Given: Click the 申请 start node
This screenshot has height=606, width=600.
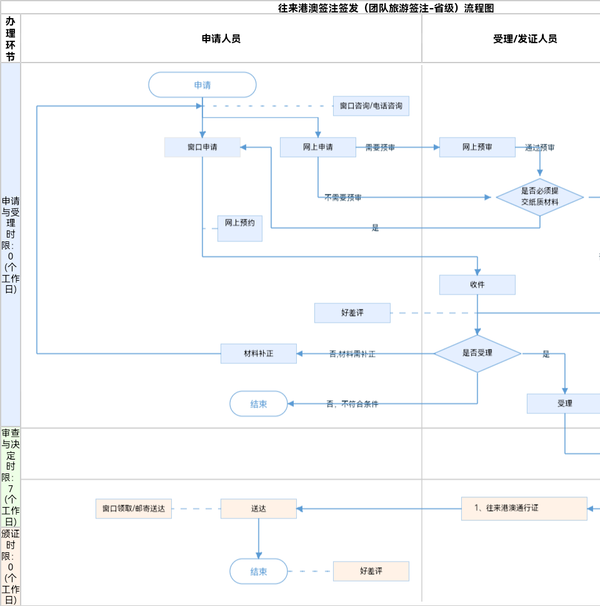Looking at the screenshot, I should coord(202,85).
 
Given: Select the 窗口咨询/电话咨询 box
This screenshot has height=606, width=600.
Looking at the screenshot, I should coord(371,106).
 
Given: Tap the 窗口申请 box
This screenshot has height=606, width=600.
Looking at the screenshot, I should coord(202,148).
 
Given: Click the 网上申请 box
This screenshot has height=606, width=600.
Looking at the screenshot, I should coord(317,148).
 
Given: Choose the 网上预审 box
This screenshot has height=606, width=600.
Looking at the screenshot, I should coord(477,148).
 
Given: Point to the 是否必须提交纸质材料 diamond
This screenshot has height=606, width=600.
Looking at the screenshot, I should coord(540,197).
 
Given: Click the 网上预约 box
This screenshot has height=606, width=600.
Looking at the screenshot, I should coord(240,228).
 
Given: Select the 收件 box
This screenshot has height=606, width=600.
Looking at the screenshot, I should coord(477,285).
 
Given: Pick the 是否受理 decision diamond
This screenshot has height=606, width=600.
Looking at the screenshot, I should coord(477,353).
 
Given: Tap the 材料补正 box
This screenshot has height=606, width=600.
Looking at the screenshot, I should coord(259,353).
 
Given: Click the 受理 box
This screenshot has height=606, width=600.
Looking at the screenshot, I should coord(564,403).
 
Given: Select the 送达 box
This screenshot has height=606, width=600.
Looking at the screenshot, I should coord(259,508).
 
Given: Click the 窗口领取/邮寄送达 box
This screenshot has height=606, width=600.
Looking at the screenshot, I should coord(134,508).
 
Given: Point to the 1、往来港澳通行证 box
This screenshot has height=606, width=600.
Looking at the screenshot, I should coord(524,508).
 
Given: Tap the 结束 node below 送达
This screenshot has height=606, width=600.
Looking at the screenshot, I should coord(259,571).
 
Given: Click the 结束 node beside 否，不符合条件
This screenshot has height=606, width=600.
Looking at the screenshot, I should coord(259,404).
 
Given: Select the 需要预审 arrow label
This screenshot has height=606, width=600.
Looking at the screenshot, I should coord(380,148).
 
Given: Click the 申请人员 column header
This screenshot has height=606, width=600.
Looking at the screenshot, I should coord(221,39).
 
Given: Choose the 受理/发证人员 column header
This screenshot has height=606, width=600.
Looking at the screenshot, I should coord(525,39).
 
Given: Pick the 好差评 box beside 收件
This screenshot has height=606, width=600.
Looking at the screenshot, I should coord(352,313).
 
